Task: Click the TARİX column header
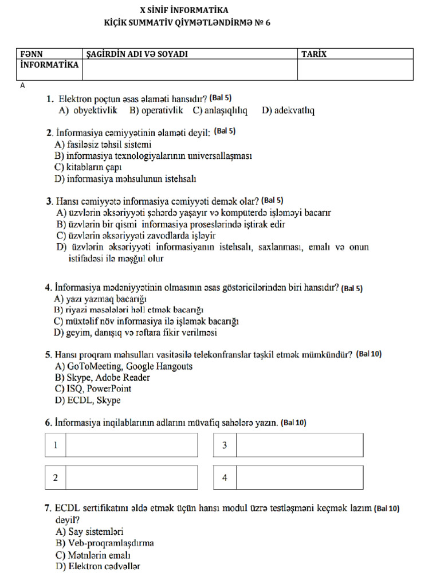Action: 314,54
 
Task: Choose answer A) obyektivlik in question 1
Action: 88,110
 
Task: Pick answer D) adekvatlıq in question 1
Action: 288,110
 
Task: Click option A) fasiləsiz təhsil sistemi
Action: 103,144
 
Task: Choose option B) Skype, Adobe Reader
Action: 103,378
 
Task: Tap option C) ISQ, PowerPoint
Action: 93,389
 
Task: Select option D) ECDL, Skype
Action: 88,401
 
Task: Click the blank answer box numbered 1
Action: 131,445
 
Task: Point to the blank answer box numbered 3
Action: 299,445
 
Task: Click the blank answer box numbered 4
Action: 299,478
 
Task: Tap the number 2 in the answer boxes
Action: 56,478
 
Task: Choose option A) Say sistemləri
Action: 89,531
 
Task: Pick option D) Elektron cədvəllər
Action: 98,566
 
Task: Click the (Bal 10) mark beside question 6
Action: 293,422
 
